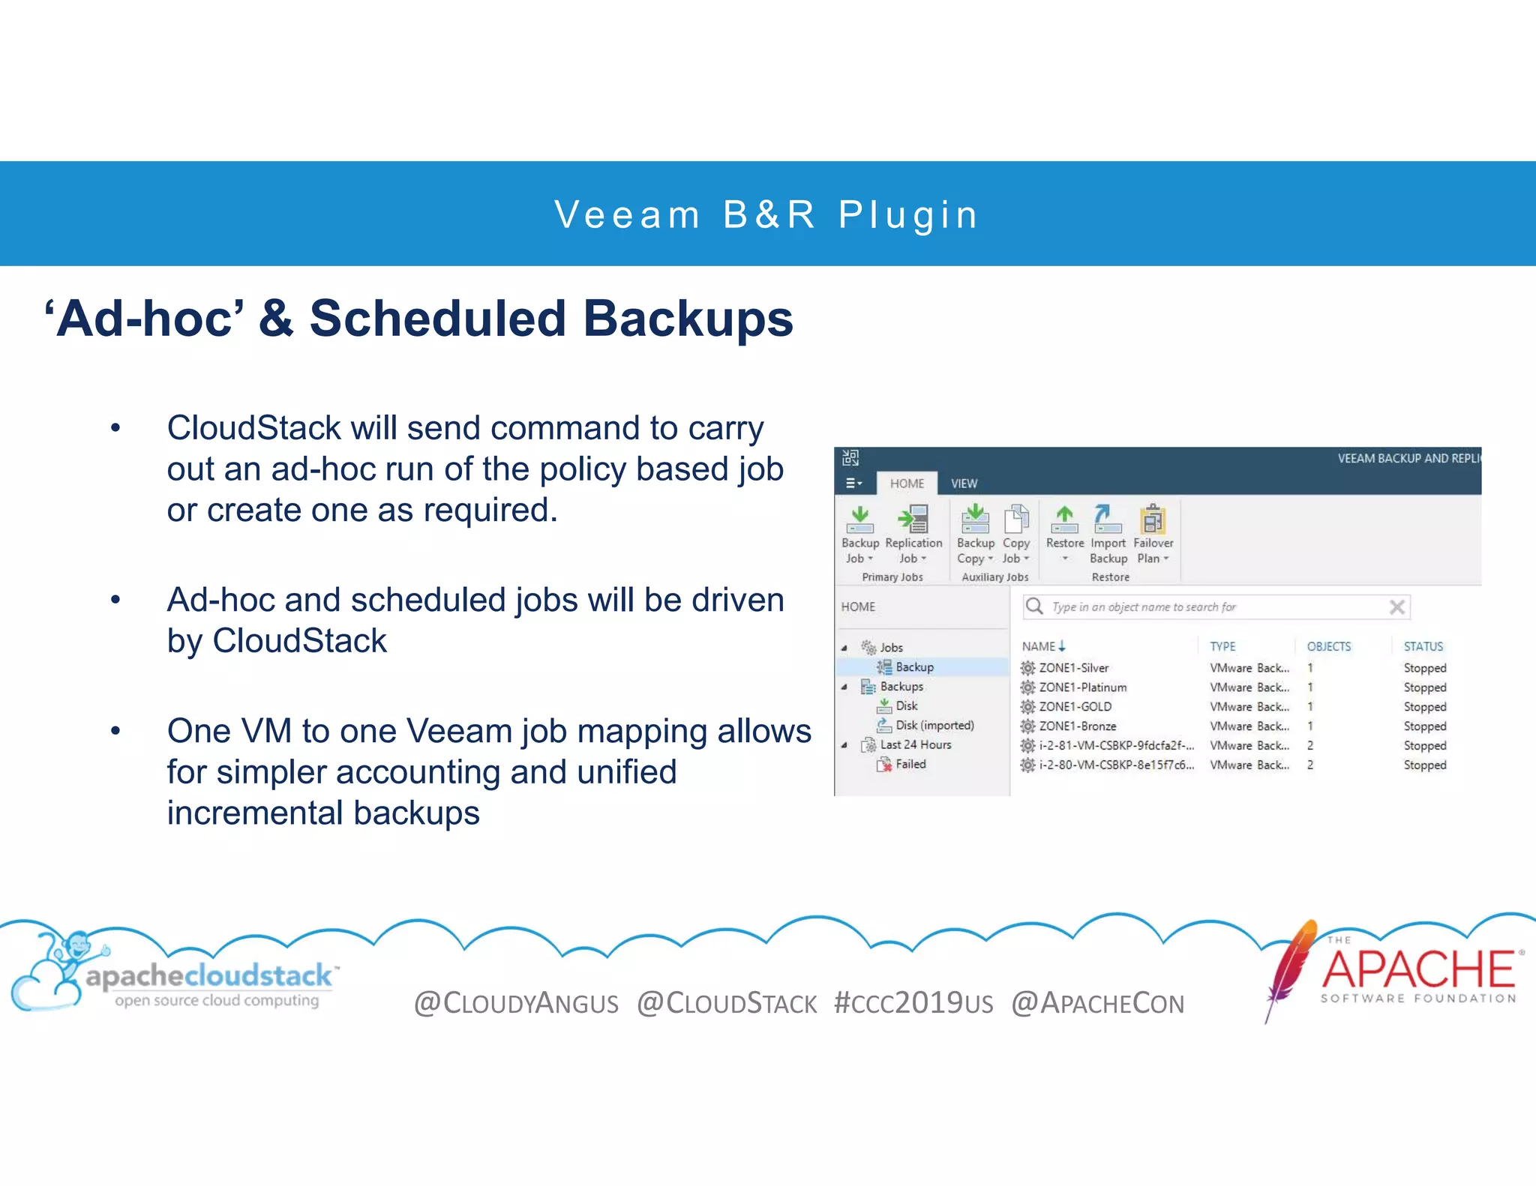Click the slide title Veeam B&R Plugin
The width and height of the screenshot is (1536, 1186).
click(766, 215)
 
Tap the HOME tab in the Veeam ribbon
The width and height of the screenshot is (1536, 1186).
click(907, 484)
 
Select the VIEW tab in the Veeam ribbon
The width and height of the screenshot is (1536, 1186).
click(964, 484)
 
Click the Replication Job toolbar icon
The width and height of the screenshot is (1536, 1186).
click(913, 519)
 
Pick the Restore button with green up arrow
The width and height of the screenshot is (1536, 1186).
click(1064, 519)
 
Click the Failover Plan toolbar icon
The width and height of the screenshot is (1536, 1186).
click(1153, 519)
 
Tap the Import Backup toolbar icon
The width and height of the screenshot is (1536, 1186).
click(1108, 519)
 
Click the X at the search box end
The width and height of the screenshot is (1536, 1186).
click(1396, 607)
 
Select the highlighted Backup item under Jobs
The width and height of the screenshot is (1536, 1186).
click(914, 667)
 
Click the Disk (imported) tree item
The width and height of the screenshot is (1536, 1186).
click(934, 726)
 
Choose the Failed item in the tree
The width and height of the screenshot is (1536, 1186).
click(910, 765)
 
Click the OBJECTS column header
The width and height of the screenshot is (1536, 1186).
click(1328, 646)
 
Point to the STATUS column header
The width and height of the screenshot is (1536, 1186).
click(1423, 646)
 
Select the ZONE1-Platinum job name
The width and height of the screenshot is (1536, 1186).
click(1082, 687)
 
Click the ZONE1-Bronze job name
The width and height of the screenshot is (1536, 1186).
click(1077, 726)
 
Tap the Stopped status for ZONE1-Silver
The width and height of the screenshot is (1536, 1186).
click(1424, 668)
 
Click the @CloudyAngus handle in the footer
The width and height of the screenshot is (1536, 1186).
click(516, 1003)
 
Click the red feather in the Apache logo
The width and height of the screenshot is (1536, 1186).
click(1291, 967)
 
